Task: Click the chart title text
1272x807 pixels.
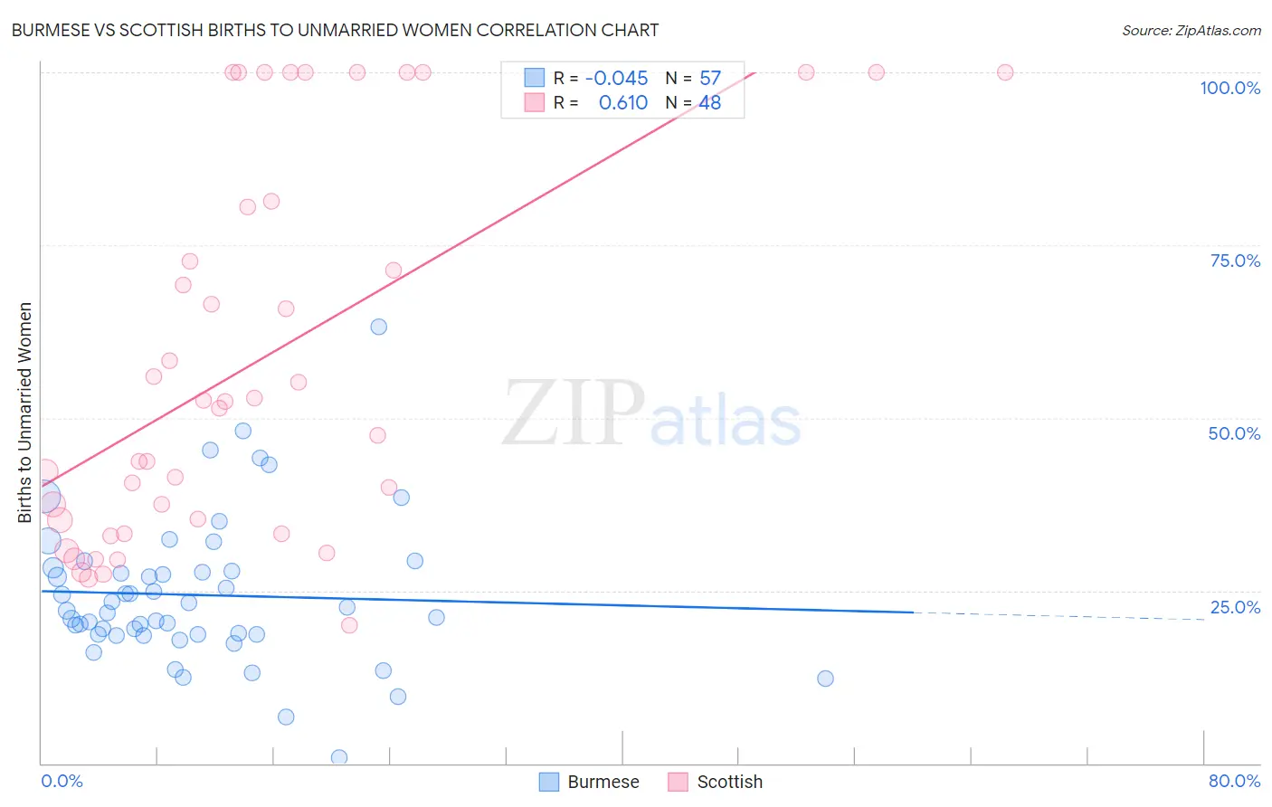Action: [x=335, y=30]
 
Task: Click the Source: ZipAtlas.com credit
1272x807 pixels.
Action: [x=1191, y=30]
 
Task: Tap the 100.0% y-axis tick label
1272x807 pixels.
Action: [x=1229, y=88]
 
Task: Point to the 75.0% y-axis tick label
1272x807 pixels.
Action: [x=1235, y=261]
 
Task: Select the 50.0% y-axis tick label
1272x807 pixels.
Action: [x=1234, y=433]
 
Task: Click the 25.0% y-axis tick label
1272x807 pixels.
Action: [x=1235, y=607]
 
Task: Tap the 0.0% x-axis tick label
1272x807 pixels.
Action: [x=62, y=781]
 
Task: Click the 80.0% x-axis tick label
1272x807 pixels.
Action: [x=1234, y=781]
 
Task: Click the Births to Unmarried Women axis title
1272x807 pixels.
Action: [x=25, y=413]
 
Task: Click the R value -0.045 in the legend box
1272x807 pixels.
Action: [x=616, y=79]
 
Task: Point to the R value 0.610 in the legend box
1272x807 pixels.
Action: [x=622, y=103]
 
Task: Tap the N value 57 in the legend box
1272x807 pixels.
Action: [x=710, y=79]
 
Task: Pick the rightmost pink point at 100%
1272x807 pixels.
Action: [x=1004, y=72]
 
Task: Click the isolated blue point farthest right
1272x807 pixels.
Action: [x=825, y=679]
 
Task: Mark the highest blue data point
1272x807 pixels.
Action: [x=379, y=327]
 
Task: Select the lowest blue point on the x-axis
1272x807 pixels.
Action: [x=339, y=757]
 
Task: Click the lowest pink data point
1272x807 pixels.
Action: [x=349, y=625]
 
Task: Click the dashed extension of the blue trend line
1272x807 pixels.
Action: [x=1058, y=616]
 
